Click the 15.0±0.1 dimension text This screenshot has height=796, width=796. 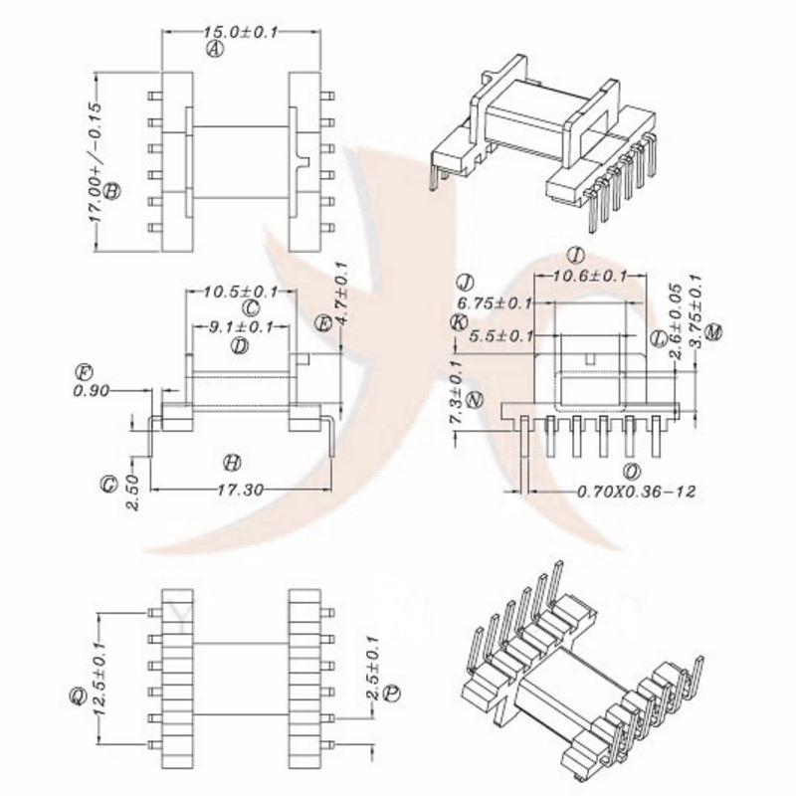pyautogui.click(x=242, y=32)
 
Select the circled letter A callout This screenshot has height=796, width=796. pyautogui.click(x=213, y=49)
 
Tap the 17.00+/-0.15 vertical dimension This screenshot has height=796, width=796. pyautogui.click(x=97, y=162)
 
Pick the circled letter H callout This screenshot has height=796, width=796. pyautogui.click(x=232, y=463)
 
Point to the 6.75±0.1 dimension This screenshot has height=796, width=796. pyautogui.click(x=495, y=302)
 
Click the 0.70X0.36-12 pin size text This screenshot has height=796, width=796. pyautogui.click(x=635, y=491)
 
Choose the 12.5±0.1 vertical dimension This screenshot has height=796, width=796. pyautogui.click(x=97, y=678)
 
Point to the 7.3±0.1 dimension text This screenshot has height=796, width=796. pyautogui.click(x=456, y=395)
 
